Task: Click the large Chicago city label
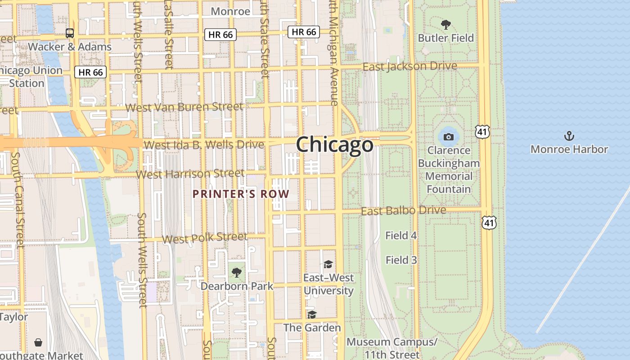(334, 145)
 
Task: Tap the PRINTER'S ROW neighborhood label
(241, 194)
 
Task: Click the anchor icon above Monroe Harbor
(569, 135)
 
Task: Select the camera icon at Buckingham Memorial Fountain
(448, 137)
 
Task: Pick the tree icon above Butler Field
(445, 24)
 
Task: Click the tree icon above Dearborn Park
(236, 272)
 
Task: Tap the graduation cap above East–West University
(328, 264)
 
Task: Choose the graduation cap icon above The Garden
(312, 314)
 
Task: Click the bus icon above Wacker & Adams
(70, 33)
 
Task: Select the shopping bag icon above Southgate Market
(39, 342)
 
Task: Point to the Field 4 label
(401, 235)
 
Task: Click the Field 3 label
(401, 260)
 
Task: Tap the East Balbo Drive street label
(404, 211)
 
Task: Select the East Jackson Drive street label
(409, 67)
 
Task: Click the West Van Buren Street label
(184, 107)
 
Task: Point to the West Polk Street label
(205, 238)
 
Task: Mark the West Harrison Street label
(190, 174)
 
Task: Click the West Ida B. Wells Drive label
(203, 145)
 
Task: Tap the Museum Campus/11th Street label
(391, 348)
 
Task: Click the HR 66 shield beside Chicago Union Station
(90, 72)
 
